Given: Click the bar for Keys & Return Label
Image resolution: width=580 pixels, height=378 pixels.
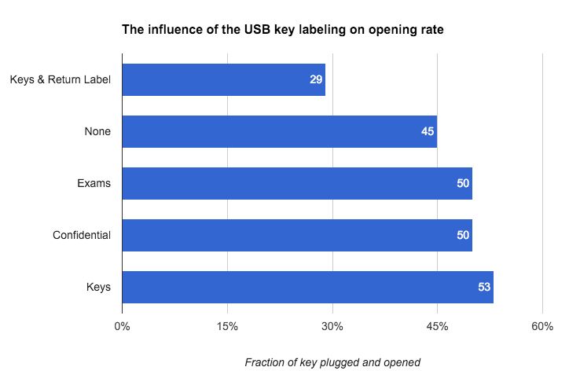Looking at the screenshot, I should (223, 79).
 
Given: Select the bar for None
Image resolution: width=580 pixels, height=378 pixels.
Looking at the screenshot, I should (279, 131).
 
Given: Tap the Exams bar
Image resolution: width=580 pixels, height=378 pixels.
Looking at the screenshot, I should (297, 183).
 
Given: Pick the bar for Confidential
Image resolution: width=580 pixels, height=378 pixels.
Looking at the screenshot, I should (297, 235).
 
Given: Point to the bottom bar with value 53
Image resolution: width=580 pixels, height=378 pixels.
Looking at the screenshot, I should (307, 287).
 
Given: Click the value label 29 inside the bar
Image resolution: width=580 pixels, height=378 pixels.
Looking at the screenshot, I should (316, 79).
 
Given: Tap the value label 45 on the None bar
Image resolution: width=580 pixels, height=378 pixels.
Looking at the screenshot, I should (428, 131).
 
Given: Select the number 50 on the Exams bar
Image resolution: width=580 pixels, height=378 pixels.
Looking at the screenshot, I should (463, 183).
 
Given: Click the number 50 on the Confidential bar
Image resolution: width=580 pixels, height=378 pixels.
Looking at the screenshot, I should (463, 235).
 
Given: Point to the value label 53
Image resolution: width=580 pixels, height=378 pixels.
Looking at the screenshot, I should (484, 287).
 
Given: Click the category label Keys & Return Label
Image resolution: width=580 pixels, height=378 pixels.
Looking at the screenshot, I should (60, 79).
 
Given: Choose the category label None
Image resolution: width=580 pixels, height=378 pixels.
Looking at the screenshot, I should (97, 131).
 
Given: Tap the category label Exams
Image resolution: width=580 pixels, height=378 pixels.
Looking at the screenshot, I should (94, 183).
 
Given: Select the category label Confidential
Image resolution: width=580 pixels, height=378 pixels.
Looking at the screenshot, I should (82, 235).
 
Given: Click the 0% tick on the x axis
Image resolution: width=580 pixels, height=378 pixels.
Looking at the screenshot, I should (122, 326).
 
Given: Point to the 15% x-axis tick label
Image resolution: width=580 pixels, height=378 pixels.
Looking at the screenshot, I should (227, 326).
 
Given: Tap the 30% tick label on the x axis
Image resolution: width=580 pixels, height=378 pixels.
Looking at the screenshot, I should (332, 326).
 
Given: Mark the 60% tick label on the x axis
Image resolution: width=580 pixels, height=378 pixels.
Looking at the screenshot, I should (542, 326).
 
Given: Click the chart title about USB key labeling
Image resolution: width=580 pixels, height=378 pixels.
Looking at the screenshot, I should (283, 31).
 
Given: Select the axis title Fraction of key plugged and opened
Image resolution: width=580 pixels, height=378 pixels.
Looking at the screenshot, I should (332, 362).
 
